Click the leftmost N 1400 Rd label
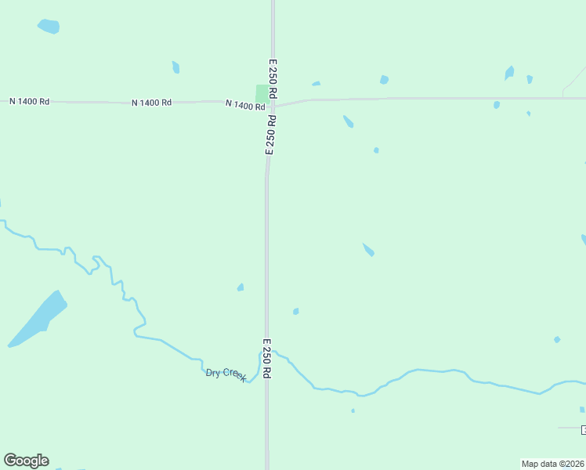click(29, 102)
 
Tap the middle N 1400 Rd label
click(151, 103)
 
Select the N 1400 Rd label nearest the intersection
click(244, 105)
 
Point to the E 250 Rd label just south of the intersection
click(271, 136)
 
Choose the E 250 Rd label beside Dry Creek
click(266, 359)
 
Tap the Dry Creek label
click(226, 374)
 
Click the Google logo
click(26, 460)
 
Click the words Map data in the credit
click(540, 464)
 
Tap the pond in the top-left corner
click(49, 26)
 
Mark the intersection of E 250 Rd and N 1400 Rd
click(273, 103)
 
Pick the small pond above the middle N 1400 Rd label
click(176, 67)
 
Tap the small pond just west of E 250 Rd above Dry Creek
click(241, 287)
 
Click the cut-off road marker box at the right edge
click(583, 429)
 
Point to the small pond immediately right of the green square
click(316, 84)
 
